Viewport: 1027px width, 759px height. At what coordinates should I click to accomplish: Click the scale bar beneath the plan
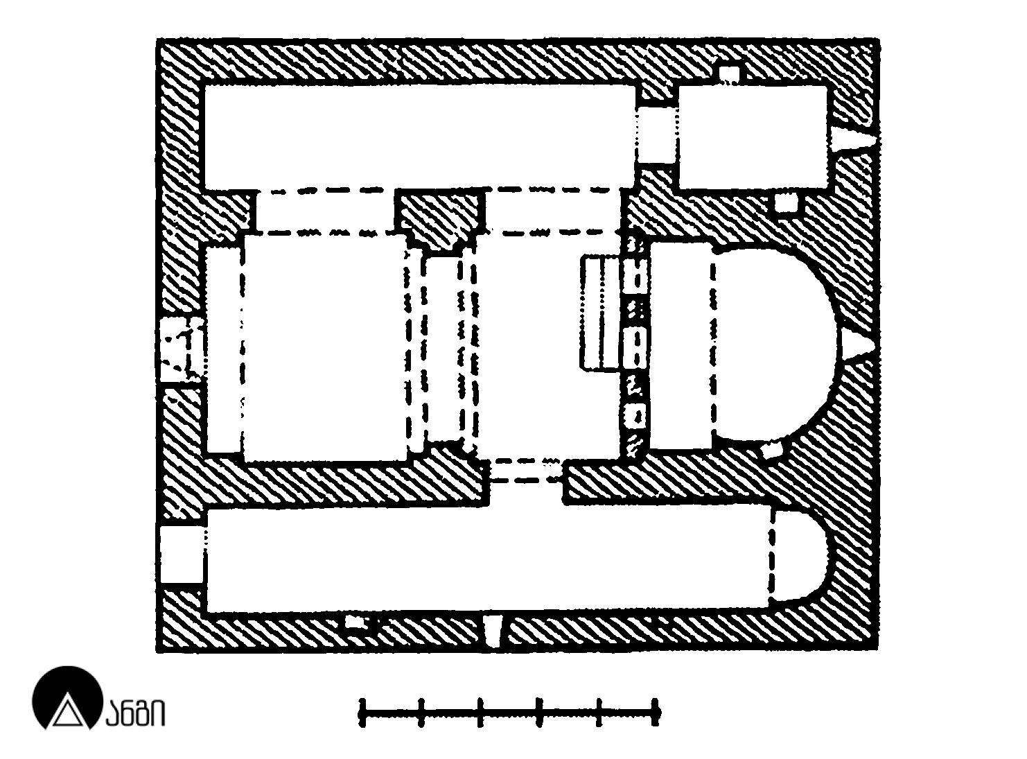(509, 713)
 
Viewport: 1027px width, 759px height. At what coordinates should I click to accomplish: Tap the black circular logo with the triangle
(67, 698)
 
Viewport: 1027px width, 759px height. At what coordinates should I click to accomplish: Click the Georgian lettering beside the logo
(135, 713)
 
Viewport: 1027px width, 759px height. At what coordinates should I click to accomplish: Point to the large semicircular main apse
(773, 344)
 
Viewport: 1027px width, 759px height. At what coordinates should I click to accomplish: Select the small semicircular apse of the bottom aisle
(799, 556)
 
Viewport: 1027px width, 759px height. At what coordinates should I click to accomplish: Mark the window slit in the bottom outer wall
(494, 631)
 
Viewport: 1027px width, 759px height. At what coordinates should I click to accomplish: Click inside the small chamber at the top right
(753, 137)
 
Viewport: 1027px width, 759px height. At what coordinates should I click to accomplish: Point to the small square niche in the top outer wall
(729, 75)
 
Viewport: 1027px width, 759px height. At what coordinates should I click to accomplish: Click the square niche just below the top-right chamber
(787, 202)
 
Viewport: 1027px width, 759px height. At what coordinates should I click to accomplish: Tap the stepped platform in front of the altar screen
(601, 313)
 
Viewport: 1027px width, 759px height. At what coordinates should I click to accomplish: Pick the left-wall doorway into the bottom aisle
(181, 555)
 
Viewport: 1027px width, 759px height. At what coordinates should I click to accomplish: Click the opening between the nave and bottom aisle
(527, 482)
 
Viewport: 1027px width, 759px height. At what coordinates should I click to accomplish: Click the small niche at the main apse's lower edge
(772, 450)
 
